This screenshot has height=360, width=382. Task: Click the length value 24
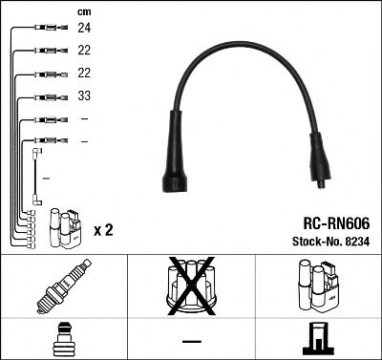[x=83, y=29]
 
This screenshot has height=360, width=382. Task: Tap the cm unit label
[x=83, y=11]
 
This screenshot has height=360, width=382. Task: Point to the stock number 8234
[x=355, y=241]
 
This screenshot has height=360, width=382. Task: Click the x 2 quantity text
[x=103, y=230]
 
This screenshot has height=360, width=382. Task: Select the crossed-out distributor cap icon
[x=191, y=287]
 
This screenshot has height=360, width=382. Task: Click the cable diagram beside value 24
[x=47, y=29]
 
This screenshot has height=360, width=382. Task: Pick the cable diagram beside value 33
[x=47, y=97]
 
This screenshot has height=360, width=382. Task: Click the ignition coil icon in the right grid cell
[x=318, y=288]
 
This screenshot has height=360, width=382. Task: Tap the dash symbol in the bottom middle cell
[x=191, y=340]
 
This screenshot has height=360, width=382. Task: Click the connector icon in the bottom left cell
[x=64, y=340]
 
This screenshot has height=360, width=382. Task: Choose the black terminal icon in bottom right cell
[x=318, y=340]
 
